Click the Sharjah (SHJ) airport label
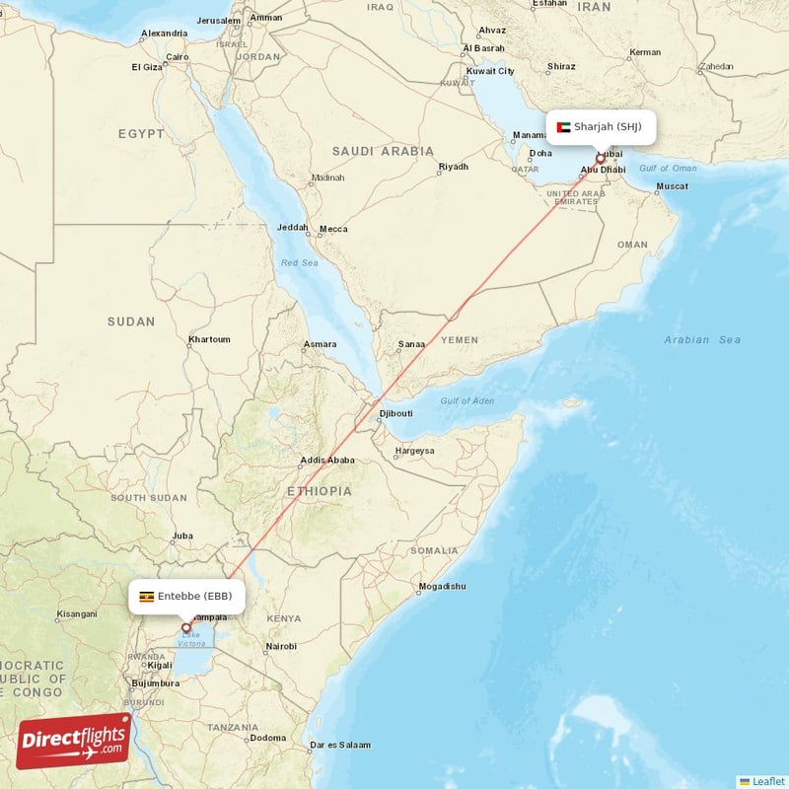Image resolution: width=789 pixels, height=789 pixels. tap(608, 126)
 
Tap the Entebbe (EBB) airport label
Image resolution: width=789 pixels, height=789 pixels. tap(194, 596)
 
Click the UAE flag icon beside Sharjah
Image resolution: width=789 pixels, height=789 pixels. tap(564, 126)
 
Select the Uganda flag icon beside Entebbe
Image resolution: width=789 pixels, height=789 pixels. tap(146, 596)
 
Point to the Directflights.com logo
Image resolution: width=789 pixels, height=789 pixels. tap(74, 741)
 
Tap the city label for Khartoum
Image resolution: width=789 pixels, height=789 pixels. tap(209, 339)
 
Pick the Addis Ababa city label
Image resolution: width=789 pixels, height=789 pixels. tap(327, 460)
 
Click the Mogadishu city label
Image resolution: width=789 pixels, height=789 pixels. tap(441, 587)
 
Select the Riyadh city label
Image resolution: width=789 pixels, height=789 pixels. tap(453, 167)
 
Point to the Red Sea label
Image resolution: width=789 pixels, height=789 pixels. tap(300, 263)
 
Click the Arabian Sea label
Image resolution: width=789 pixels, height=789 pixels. tap(701, 340)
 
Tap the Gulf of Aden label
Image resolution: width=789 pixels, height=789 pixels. tap(467, 399)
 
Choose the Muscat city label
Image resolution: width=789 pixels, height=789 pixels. tap(672, 185)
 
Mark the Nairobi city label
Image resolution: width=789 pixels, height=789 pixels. tap(280, 647)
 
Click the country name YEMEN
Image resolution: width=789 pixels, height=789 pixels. tap(459, 340)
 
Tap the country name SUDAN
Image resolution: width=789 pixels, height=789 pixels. tap(131, 322)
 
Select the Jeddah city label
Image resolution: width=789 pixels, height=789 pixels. tap(293, 228)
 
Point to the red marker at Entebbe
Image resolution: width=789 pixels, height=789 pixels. tap(185, 627)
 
